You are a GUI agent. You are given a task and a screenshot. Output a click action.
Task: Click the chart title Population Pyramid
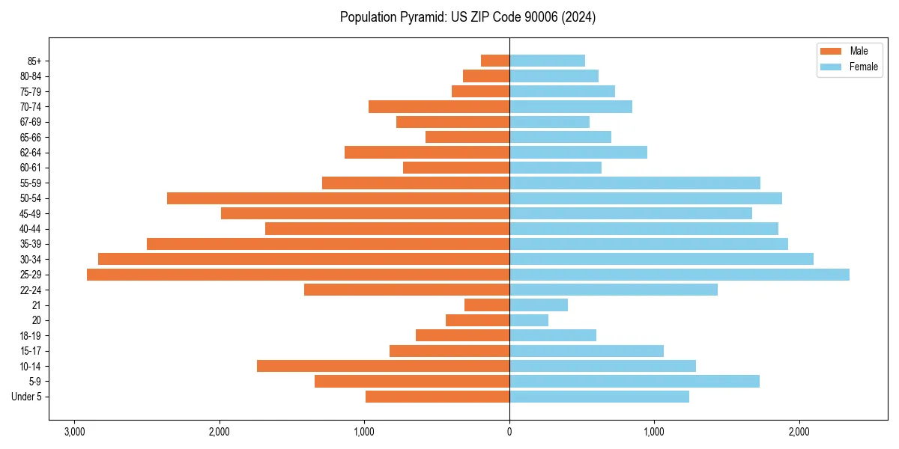coord(467,17)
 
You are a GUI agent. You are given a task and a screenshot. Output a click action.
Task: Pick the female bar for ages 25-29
coord(679,275)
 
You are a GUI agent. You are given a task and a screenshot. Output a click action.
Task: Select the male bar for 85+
coord(495,61)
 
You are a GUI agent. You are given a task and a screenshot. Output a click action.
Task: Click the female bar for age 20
coord(529,320)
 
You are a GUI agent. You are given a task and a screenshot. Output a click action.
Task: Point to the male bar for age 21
coord(487,305)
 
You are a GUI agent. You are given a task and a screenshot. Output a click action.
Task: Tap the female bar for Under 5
coord(599,397)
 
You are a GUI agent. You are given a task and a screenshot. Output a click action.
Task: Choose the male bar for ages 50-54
coord(338,198)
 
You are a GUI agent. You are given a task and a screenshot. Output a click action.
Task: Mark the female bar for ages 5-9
coord(635,382)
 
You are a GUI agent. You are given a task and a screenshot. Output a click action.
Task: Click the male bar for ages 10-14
coord(383,366)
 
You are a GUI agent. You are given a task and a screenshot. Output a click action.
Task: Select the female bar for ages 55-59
coord(635,183)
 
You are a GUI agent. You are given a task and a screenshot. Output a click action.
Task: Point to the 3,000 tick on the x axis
coord(74,433)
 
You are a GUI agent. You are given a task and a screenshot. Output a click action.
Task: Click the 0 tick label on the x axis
coord(509,433)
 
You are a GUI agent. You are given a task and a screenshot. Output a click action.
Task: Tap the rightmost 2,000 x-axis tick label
coord(799,433)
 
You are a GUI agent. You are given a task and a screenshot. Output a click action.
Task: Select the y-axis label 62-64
coord(31,153)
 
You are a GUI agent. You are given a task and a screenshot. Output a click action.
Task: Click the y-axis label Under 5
coord(26,397)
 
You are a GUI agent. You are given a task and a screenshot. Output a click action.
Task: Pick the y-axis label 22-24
coord(31,290)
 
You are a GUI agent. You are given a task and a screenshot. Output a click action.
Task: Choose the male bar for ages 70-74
coord(439,106)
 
